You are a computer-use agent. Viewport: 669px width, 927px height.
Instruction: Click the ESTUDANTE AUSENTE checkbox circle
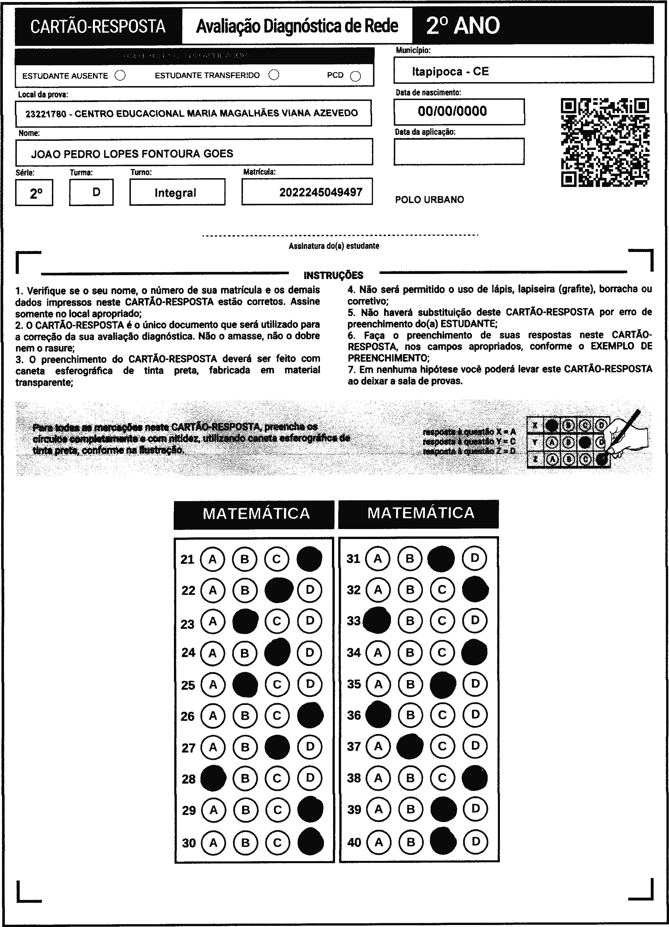click(x=120, y=76)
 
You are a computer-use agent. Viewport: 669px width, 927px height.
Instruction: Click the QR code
click(x=605, y=142)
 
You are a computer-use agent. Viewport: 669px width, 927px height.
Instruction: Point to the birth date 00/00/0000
click(x=452, y=111)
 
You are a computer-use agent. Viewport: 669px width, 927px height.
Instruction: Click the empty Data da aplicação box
click(x=459, y=152)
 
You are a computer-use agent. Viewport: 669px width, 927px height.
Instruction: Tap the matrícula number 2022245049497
click(x=321, y=192)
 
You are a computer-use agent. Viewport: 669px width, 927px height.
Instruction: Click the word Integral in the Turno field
click(x=175, y=193)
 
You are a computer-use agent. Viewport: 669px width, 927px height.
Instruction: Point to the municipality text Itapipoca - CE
click(x=450, y=72)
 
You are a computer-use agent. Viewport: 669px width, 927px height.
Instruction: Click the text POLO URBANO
click(x=429, y=200)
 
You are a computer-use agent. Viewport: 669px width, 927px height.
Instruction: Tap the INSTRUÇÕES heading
click(x=333, y=275)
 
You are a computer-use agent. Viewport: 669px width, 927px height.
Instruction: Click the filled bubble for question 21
click(x=309, y=559)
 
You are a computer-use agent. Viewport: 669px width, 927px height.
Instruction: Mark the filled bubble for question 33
click(x=377, y=621)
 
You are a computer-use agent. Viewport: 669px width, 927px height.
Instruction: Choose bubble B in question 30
click(x=245, y=843)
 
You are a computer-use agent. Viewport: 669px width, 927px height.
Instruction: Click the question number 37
click(x=354, y=746)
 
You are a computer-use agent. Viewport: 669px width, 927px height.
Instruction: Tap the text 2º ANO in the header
click(x=463, y=26)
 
